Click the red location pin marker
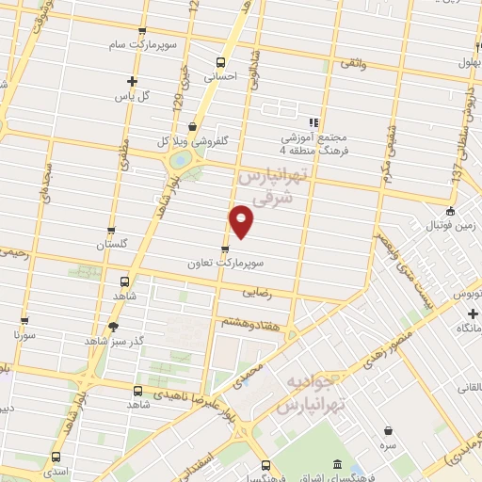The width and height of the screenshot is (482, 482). [242, 221]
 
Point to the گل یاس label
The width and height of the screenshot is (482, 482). [133, 96]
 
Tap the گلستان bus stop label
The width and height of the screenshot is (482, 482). [111, 246]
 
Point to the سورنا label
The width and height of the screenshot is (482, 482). [25, 334]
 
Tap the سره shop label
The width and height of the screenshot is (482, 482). [388, 442]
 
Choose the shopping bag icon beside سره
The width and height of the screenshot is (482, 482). [388, 429]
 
